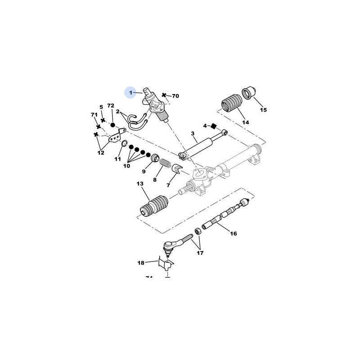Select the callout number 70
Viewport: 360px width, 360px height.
click(175, 96)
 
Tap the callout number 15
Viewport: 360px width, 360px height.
click(263, 109)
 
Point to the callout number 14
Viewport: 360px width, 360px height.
click(246, 122)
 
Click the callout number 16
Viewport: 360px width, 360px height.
click(233, 234)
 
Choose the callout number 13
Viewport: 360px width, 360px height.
click(139, 184)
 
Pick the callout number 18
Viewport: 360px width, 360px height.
click(141, 262)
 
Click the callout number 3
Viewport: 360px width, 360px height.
click(192, 134)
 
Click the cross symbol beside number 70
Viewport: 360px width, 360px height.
click(165, 96)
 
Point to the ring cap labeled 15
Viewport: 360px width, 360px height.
click(249, 92)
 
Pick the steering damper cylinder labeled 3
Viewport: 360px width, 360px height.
click(198, 146)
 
